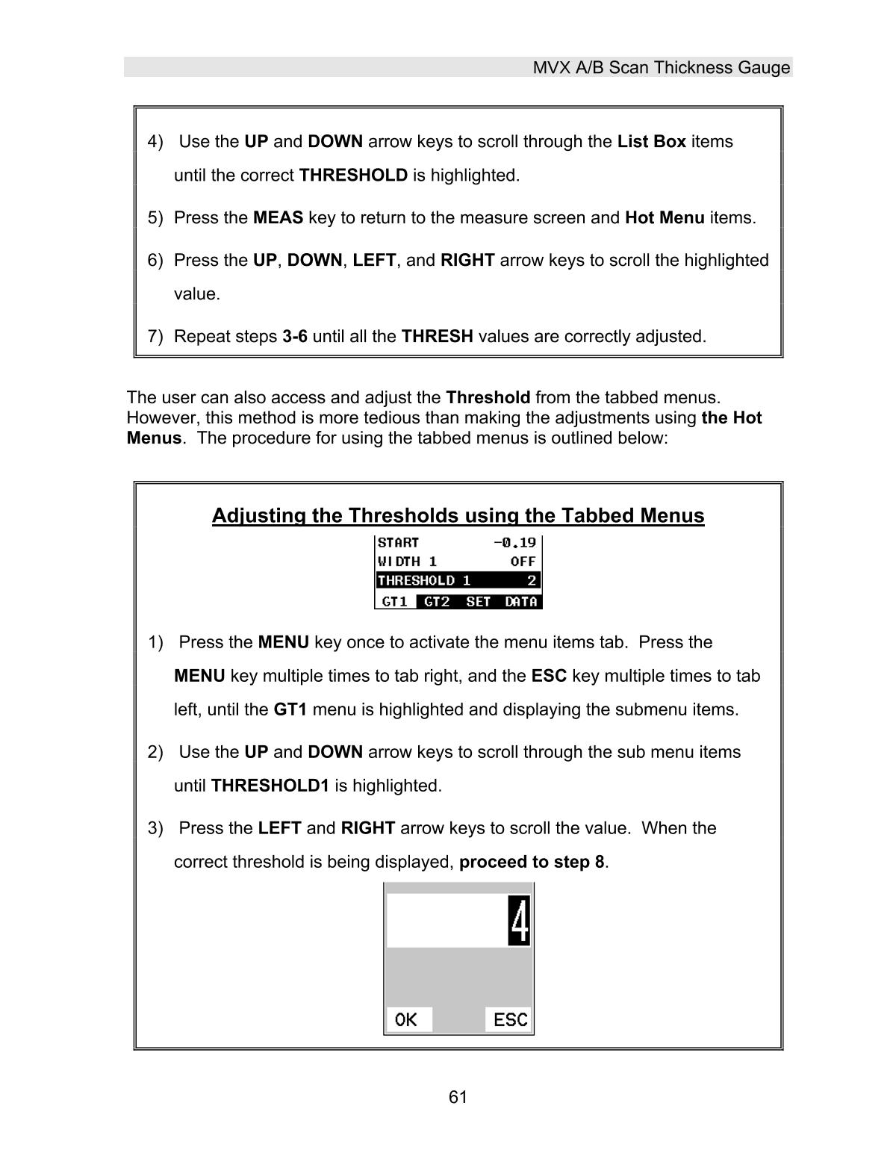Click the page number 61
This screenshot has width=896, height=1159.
[x=458, y=1096]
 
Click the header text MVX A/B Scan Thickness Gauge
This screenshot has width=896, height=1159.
[x=661, y=68]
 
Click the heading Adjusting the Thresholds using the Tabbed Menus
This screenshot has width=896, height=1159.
[x=458, y=515]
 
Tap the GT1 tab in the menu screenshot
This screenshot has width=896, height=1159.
[x=394, y=601]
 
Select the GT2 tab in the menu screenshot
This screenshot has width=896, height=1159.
[x=437, y=601]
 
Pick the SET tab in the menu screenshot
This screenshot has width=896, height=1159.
[x=478, y=601]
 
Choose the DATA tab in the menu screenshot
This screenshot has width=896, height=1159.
[x=520, y=601]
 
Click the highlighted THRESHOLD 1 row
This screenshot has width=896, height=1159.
[x=457, y=580]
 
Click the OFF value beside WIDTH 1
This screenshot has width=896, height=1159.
[x=523, y=562]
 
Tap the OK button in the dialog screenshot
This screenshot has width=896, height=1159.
[x=407, y=1019]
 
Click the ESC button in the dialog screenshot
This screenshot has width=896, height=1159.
[x=510, y=1019]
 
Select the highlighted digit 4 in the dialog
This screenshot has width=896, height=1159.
[x=519, y=921]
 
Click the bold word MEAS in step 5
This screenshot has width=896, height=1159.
[x=278, y=218]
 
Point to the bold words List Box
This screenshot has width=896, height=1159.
[x=651, y=142]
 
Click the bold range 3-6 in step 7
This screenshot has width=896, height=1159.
[x=294, y=337]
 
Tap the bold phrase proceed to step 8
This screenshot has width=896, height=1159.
[x=531, y=862]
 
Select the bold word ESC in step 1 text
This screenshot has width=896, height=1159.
[x=548, y=676]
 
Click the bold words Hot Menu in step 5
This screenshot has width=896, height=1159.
[x=664, y=218]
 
